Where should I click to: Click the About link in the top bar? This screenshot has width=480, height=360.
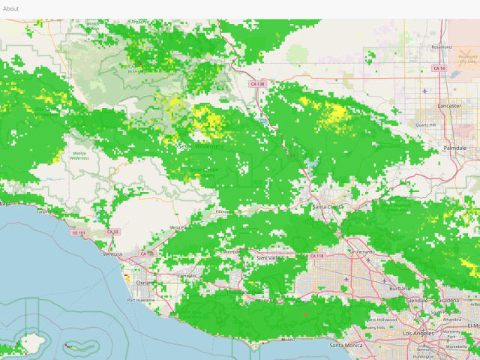coord(10,9)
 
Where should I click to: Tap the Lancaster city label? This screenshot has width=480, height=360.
coord(449,106)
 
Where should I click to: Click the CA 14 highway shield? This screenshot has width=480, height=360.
coord(439,68)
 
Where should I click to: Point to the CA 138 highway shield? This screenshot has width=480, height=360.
coord(257,84)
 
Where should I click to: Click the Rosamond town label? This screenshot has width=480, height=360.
coord(442,46)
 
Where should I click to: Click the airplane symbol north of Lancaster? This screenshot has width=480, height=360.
coord(424,91)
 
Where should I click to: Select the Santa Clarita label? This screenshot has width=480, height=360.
coord(328,206)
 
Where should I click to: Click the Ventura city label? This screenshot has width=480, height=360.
coord(112,254)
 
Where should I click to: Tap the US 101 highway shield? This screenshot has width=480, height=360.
coord(78,232)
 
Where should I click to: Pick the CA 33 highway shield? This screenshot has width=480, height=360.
coord(113,232)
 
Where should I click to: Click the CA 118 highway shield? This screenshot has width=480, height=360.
coord(316,256)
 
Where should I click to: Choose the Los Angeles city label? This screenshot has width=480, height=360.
coord(418,332)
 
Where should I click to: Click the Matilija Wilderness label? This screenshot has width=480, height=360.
coord(79,155)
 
